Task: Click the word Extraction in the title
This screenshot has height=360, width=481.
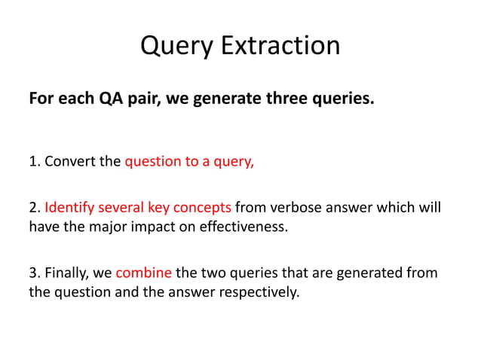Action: (280, 45)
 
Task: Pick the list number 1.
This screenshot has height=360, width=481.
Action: (32, 161)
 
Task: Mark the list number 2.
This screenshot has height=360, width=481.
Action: (32, 207)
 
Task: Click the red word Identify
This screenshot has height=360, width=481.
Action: (69, 207)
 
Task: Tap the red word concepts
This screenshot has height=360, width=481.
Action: (206, 207)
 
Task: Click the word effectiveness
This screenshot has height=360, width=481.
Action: (244, 226)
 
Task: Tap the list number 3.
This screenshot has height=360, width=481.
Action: (32, 272)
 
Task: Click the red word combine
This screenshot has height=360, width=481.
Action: (143, 272)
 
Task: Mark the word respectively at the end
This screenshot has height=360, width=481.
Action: (260, 291)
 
